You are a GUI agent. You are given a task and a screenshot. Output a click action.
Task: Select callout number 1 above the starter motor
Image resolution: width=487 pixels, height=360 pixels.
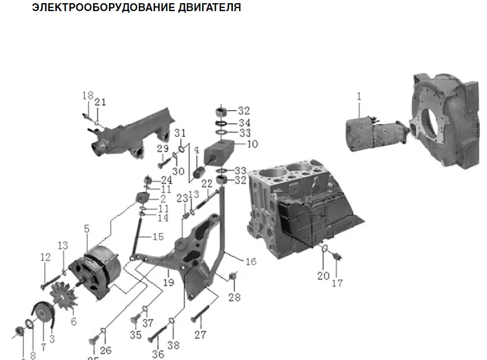tap(359, 97)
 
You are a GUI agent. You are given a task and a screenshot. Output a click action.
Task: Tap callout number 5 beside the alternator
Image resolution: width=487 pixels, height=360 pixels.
tap(87, 229)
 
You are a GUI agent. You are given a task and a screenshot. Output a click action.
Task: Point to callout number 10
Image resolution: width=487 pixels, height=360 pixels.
tap(252, 144)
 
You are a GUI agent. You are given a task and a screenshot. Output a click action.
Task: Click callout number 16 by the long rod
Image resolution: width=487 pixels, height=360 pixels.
tap(251, 261)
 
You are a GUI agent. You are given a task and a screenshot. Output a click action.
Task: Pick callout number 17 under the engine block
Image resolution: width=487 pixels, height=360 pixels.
tap(337, 283)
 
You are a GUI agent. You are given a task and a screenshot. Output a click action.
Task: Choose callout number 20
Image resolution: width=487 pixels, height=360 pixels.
tap(323, 275)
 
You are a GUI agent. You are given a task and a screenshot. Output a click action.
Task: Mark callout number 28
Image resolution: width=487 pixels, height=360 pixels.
tap(235, 298)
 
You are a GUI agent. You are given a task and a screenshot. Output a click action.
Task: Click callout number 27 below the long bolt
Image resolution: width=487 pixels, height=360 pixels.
tap(200, 335)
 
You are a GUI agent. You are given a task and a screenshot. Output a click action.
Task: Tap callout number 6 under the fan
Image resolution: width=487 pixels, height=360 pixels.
tap(74, 321)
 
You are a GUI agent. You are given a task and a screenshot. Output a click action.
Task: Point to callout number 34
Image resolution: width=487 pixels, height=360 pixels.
tap(243, 122)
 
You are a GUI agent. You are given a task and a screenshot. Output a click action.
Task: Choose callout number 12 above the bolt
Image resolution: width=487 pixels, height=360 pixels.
tap(46, 258)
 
